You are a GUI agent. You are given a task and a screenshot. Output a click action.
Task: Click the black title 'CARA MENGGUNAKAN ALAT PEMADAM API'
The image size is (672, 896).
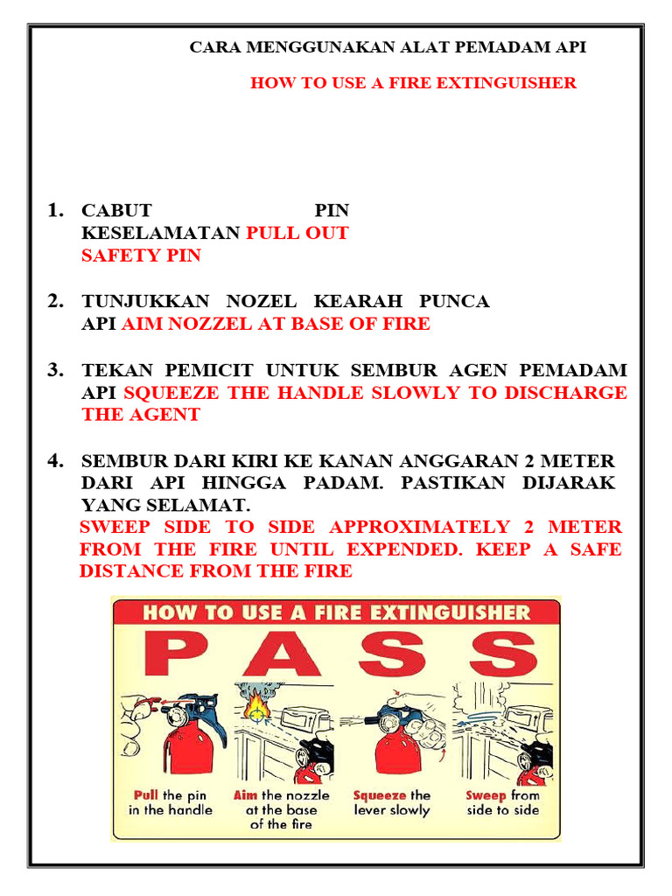coord(388,48)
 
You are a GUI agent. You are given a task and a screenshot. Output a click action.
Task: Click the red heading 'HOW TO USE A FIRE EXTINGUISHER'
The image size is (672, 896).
coord(413,84)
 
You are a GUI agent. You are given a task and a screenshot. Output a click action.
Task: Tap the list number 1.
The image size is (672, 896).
coord(56,210)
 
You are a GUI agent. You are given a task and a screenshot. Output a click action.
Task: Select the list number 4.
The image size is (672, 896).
coord(56,460)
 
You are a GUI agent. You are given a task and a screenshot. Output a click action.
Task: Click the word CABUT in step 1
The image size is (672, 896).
coord(116,211)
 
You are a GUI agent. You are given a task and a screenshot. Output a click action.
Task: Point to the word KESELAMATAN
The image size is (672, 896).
coord(161,234)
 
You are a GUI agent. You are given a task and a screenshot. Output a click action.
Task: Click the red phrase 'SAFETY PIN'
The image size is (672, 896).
coord(141,256)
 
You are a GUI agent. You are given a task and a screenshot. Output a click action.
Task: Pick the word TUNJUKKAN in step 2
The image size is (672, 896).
coord(145,302)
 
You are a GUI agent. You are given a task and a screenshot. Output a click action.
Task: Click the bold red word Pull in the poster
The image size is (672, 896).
coord(145,795)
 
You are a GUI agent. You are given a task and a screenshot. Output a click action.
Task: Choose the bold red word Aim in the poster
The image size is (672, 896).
coord(246,795)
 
